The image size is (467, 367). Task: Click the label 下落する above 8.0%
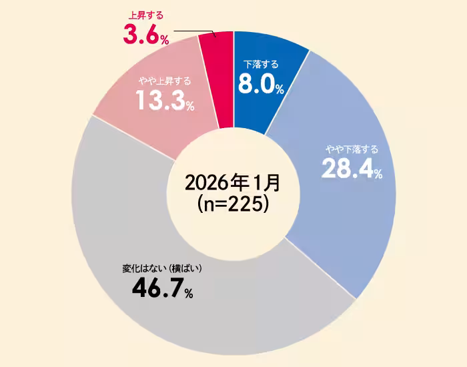260,65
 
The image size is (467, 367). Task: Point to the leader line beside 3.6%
193,31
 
